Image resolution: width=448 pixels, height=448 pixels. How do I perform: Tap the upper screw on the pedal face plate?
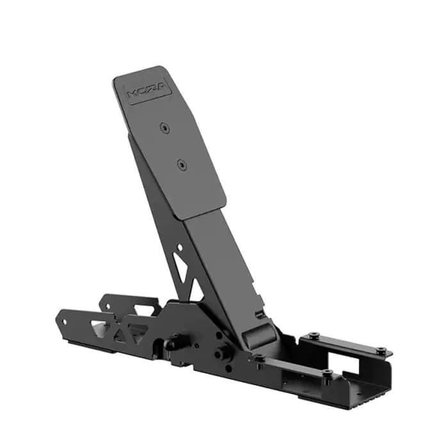165,128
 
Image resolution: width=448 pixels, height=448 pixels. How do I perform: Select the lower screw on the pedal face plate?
181,164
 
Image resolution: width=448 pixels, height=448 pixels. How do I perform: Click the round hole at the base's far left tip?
63,321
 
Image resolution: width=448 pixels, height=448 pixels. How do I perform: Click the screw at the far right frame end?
382,351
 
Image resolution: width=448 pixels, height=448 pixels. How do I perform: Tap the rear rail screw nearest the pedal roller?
313,336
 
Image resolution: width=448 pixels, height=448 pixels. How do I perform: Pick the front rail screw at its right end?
327,373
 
